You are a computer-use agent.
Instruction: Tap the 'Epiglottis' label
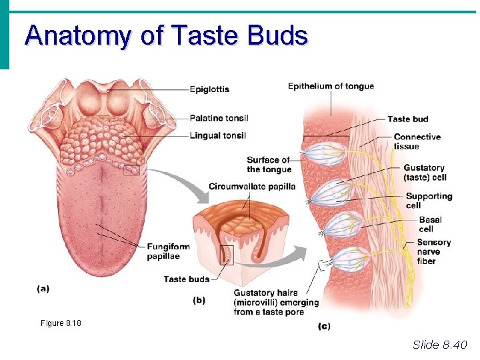209,89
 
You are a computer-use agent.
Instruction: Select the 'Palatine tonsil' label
219,118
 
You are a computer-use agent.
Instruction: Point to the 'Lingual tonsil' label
217,135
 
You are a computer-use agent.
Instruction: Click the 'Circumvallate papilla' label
251,186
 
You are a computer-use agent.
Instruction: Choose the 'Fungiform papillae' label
168,251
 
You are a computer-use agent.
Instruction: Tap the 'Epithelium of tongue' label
331,86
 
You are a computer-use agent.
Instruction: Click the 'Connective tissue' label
417,141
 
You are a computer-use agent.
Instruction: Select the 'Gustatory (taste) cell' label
424,173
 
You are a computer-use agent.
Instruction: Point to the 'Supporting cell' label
429,201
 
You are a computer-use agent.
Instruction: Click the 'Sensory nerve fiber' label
433,251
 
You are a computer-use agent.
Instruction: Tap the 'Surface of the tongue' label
268,165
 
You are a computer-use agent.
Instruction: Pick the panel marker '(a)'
43,289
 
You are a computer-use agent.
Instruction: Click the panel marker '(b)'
199,300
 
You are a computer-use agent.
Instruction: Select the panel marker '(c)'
324,326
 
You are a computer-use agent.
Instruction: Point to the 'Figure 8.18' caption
61,323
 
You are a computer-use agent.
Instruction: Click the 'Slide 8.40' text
440,344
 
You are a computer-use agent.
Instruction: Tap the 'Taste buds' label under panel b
186,279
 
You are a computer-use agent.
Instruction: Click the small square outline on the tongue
132,170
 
